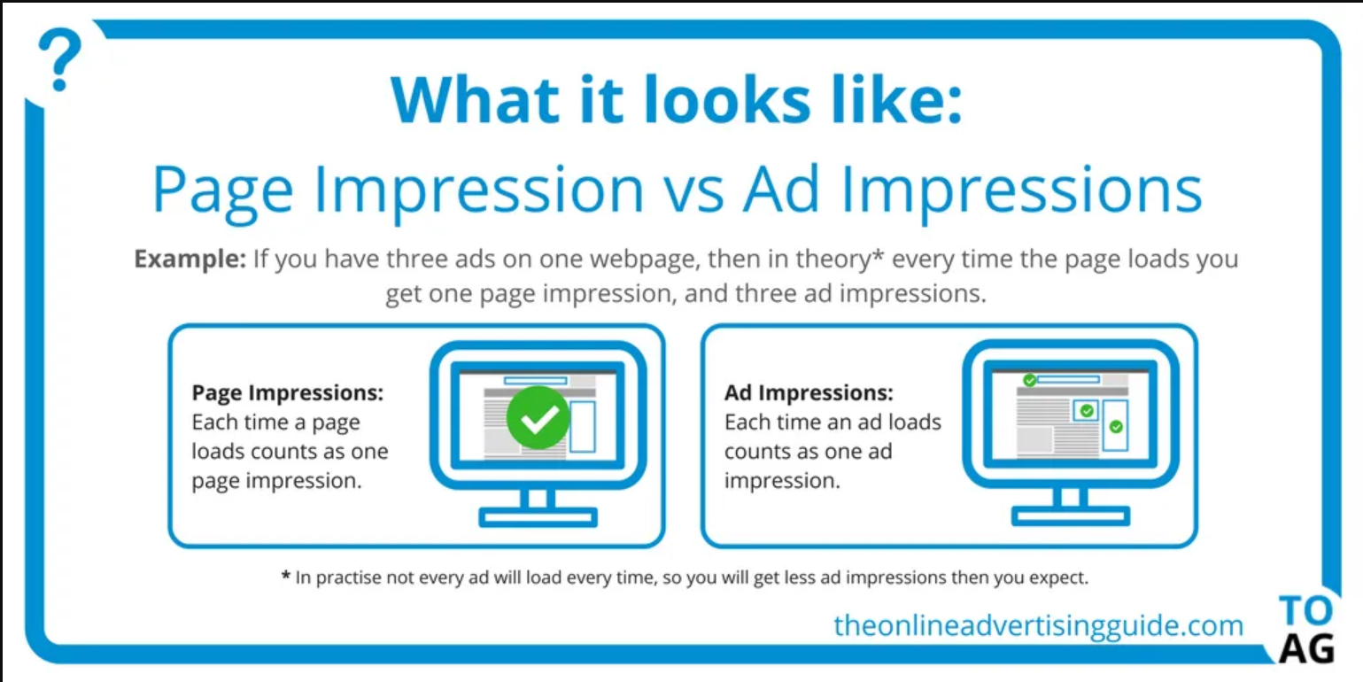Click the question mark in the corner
click(59, 59)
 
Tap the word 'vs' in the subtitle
click(693, 191)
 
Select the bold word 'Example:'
click(190, 260)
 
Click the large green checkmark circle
click(538, 417)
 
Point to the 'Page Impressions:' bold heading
click(288, 393)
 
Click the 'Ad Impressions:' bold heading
click(809, 393)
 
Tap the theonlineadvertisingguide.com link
click(1039, 625)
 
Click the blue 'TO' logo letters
click(1305, 610)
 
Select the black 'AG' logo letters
click(1306, 648)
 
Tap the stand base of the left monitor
click(538, 517)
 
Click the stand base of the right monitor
click(1071, 515)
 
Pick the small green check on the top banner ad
click(1029, 380)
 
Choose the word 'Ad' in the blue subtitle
click(781, 190)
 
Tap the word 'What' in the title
click(476, 99)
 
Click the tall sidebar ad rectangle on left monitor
click(583, 426)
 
